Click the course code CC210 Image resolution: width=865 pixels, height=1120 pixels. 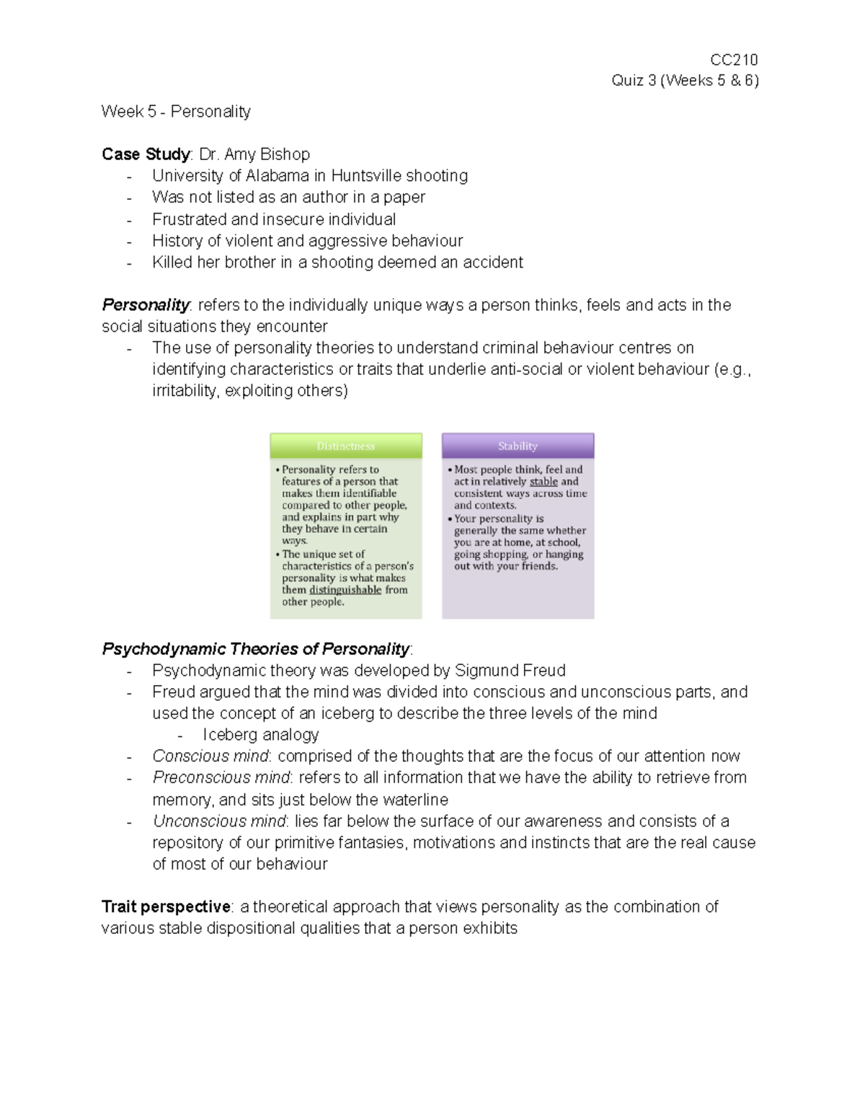(734, 60)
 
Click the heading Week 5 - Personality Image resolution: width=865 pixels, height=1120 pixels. (176, 112)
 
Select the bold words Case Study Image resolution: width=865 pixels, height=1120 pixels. (146, 154)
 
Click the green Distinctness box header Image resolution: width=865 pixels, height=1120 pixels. (346, 446)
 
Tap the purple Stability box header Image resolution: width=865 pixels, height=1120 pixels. (518, 446)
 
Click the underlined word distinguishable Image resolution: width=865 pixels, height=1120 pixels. (345, 590)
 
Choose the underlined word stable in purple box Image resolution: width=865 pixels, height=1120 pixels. (544, 482)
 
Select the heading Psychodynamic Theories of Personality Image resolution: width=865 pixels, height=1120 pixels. (256, 649)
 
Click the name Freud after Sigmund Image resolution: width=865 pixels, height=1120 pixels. (544, 671)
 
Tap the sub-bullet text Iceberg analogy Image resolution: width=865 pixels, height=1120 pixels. (261, 735)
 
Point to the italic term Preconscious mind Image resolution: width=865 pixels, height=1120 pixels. (221, 778)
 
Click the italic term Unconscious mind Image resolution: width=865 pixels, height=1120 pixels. (219, 821)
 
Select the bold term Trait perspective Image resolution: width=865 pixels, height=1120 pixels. (166, 907)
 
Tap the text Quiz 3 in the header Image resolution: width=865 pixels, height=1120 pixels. (634, 81)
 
